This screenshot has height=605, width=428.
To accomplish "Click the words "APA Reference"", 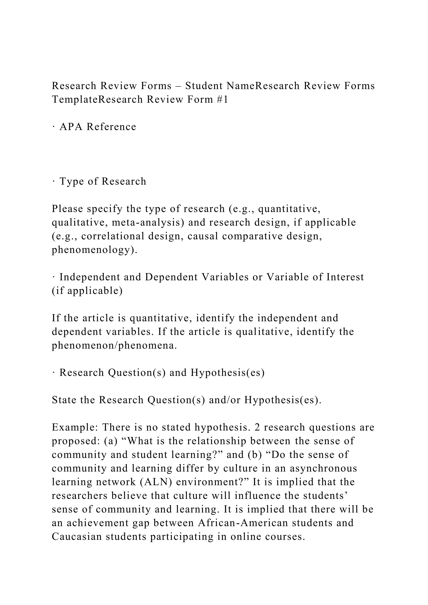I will point(98,127).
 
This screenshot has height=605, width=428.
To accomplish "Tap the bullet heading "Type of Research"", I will point(103,181).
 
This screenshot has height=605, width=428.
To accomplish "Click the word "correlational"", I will point(113,236).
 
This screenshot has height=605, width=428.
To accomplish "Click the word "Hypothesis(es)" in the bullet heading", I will point(227,373).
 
